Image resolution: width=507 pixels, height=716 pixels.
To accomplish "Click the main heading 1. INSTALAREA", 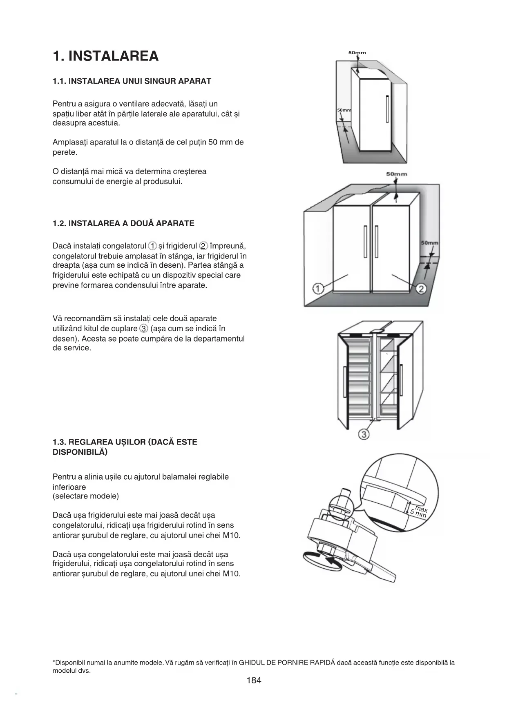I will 105,56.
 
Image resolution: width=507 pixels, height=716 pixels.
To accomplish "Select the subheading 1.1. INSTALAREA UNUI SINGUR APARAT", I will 132,81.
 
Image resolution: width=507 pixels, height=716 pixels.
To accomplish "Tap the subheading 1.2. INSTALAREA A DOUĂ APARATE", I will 123,223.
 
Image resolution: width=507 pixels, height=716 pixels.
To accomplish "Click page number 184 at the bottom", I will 254,680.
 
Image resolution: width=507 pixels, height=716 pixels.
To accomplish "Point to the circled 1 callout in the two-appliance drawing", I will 318,289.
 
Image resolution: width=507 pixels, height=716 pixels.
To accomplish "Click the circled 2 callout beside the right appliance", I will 421,289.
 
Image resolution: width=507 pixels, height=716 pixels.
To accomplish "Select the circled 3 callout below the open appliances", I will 364,434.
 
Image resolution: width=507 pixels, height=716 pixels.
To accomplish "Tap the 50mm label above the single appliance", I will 357,53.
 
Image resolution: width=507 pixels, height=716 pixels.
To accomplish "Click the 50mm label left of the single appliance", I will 344,111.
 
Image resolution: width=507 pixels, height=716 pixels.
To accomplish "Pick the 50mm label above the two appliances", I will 397,174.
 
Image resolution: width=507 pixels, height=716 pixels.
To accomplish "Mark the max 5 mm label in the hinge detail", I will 419,511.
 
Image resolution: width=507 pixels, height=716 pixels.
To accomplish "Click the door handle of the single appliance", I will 387,109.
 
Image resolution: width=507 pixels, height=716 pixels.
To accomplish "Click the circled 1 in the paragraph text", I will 152,246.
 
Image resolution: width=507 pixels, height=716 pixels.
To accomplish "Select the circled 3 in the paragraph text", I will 143,329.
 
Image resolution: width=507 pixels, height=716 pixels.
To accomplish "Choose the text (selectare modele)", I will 86,496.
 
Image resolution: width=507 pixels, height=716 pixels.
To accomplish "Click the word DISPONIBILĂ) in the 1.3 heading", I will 80,452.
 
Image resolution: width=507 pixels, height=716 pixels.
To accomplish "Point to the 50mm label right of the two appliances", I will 430,243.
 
